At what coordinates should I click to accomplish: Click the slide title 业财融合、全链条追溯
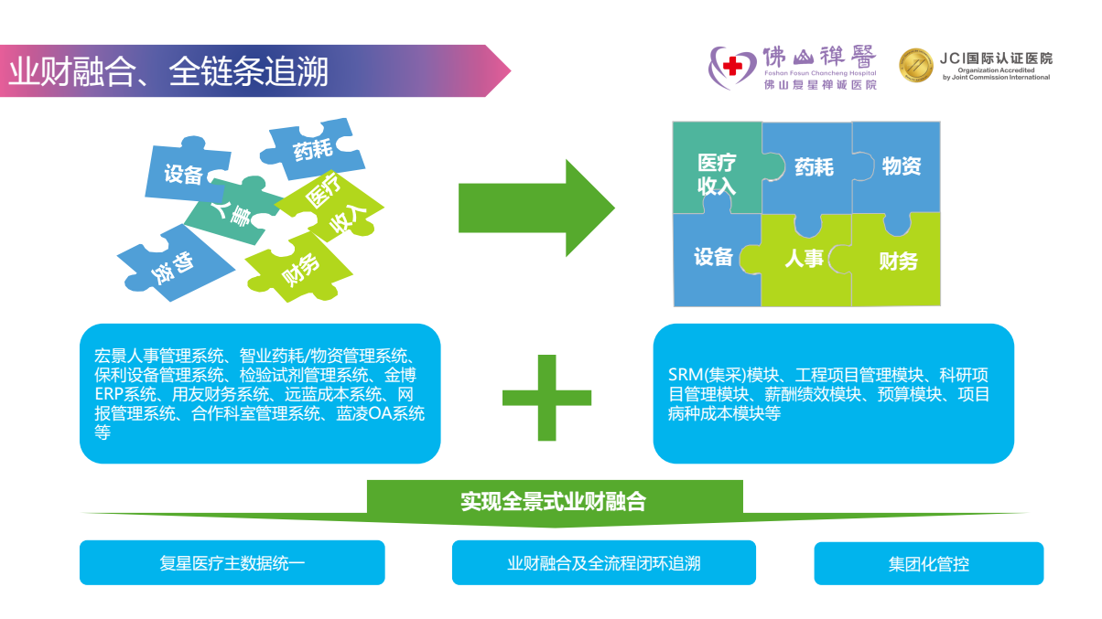point(168,71)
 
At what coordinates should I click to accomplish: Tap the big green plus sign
point(546,397)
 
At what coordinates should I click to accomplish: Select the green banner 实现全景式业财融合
point(553,502)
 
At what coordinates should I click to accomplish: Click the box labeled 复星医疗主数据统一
point(232,563)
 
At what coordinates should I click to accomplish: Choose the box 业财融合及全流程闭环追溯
point(603,563)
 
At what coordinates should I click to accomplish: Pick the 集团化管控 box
point(928,563)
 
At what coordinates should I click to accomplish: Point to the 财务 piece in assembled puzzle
point(898,261)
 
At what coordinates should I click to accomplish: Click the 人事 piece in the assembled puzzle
point(804,259)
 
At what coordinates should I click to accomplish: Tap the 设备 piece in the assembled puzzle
point(713,257)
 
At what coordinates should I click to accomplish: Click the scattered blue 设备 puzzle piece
point(183,173)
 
